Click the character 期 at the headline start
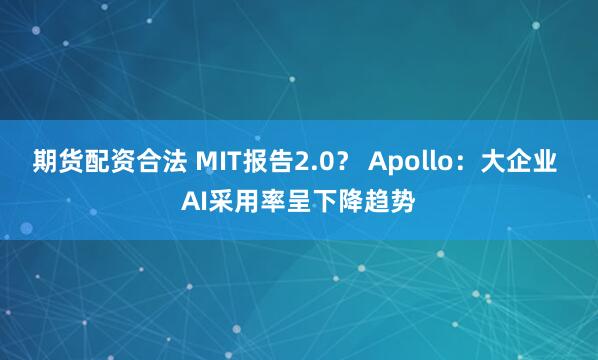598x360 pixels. point(46,160)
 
